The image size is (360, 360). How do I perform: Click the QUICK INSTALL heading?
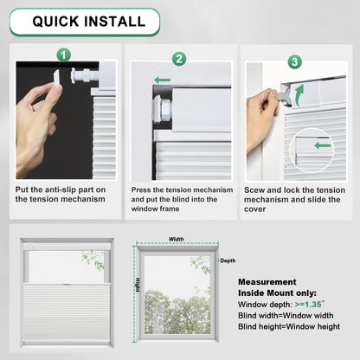[84, 22]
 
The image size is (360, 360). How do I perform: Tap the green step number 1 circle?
[62, 55]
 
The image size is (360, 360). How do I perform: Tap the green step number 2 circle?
[179, 60]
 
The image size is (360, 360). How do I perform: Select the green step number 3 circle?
[294, 62]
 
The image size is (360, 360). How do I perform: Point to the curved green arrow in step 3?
[299, 91]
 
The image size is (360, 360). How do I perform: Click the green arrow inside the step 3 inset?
[322, 145]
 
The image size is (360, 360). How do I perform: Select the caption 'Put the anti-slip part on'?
[61, 189]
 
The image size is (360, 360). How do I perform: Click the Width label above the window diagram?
[176, 239]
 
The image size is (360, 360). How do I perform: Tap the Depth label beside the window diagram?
[227, 260]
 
